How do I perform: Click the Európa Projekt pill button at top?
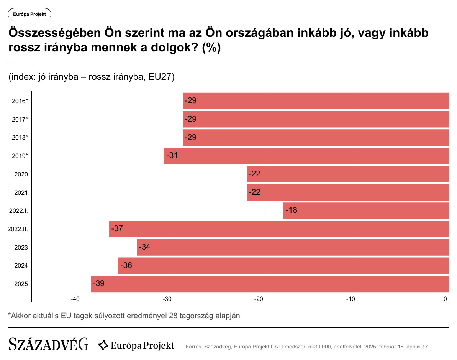click(29, 14)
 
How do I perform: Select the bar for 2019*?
click(306, 156)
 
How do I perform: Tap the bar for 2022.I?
click(366, 211)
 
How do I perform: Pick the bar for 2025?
click(270, 284)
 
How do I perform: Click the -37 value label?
click(117, 229)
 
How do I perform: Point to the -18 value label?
click(291, 210)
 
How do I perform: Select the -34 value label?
click(144, 247)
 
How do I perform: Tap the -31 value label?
click(172, 156)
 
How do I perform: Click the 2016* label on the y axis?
click(20, 101)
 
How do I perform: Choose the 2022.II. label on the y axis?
click(18, 229)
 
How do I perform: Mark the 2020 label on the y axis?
click(21, 174)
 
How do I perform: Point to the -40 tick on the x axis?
click(75, 299)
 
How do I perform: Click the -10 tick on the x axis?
click(351, 299)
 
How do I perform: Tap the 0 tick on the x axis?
click(446, 299)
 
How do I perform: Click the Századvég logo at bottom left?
click(48, 344)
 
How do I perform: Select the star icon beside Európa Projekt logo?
click(103, 345)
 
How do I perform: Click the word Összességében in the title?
click(54, 33)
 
